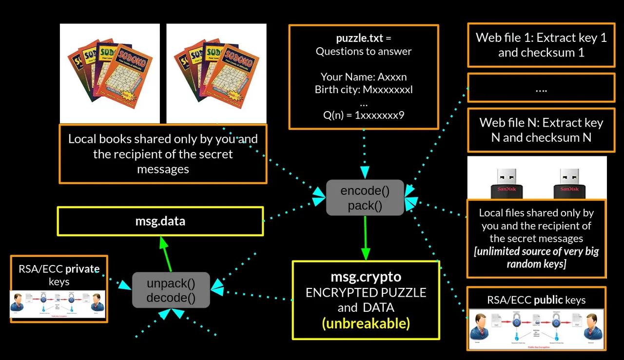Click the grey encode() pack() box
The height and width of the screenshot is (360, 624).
[x=365, y=198]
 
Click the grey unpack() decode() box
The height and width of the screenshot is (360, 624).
[x=171, y=290]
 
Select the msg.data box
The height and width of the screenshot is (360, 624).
[x=160, y=221]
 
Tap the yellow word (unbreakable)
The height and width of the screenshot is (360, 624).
[x=366, y=323]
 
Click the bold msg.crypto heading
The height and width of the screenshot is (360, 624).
[x=366, y=277]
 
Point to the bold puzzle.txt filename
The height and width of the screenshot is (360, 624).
[x=360, y=38]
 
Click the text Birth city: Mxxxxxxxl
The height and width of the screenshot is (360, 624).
[x=364, y=90]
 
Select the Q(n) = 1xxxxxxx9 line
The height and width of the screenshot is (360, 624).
[x=364, y=115]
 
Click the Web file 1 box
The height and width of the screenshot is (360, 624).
[x=541, y=45]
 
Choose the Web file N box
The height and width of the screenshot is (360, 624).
[x=541, y=130]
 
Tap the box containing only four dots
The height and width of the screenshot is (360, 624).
[x=541, y=89]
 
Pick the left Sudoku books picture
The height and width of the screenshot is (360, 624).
[x=110, y=73]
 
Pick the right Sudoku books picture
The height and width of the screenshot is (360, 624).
[x=216, y=73]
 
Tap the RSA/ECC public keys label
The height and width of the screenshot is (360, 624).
[x=536, y=300]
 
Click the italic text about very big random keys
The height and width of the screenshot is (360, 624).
[x=536, y=258]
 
